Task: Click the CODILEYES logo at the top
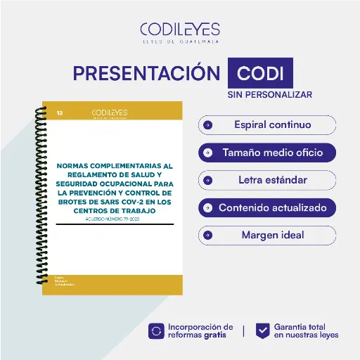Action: pyautogui.click(x=179, y=31)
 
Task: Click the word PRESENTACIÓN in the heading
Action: pyautogui.click(x=146, y=74)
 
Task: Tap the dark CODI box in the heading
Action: pyautogui.click(x=260, y=74)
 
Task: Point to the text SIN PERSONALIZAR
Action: pyautogui.click(x=269, y=94)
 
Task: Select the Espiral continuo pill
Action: pyautogui.click(x=267, y=125)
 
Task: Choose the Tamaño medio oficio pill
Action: pyautogui.click(x=267, y=152)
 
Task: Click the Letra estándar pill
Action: pyautogui.click(x=267, y=180)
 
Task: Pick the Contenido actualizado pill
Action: pyautogui.click(x=267, y=207)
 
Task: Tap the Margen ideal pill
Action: pyautogui.click(x=267, y=235)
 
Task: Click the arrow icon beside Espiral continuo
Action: pyautogui.click(x=208, y=125)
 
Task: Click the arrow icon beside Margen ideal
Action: pyautogui.click(x=208, y=235)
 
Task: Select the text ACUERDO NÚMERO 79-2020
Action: pyautogui.click(x=114, y=219)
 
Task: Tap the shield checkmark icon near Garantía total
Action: pyautogui.click(x=262, y=330)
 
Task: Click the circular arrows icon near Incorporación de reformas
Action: pyautogui.click(x=156, y=330)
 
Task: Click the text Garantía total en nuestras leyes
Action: pyautogui.click(x=306, y=330)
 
